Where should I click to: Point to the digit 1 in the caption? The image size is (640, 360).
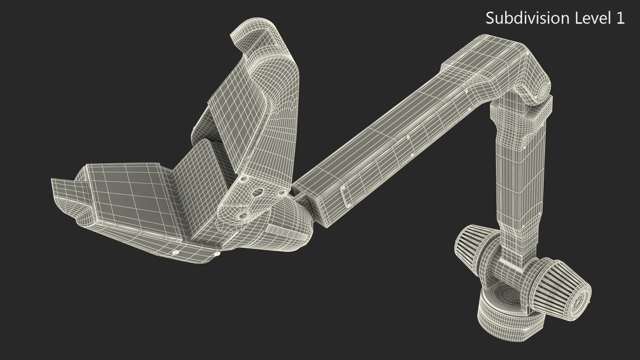pos(620,18)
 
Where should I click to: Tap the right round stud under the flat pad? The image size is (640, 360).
pos(217,254)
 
